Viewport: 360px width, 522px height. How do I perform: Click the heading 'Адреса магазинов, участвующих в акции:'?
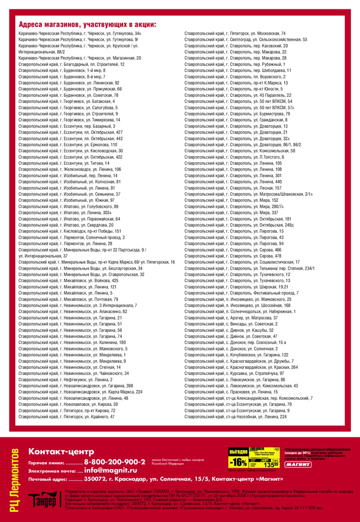87,24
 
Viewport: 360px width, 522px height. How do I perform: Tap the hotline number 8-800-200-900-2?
114,462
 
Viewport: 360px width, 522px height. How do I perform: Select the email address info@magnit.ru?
111,470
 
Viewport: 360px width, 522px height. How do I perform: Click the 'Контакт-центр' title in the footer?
61,451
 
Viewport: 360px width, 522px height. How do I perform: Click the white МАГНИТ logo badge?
298,464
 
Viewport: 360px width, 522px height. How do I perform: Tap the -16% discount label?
238,462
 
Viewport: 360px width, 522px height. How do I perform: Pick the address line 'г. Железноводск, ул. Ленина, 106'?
70,169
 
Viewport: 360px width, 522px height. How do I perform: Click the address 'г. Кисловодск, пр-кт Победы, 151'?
70,231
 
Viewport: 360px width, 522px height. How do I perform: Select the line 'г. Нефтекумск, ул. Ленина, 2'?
66,380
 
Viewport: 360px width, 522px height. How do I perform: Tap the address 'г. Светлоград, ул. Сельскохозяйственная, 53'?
246,40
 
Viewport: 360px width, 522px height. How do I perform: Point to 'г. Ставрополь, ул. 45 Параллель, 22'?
238,95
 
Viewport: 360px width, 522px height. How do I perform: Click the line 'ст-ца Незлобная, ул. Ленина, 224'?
235,417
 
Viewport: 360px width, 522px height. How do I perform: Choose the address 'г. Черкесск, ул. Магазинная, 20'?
80,58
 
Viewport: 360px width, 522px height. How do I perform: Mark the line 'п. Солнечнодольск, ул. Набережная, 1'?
240,312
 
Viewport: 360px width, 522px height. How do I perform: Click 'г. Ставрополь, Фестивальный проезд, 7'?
241,293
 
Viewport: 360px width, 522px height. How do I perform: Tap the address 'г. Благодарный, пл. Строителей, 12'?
71,64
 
